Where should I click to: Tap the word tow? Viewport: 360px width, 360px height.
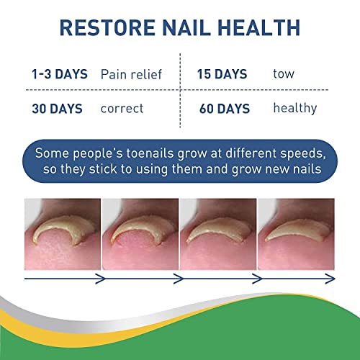[284, 74]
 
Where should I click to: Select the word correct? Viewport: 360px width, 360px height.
[122, 109]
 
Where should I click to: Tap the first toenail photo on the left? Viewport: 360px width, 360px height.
[63, 230]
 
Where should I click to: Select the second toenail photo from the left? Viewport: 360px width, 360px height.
[140, 230]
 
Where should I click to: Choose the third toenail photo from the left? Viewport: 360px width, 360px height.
[218, 230]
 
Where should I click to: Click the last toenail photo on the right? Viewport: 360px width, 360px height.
[296, 230]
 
